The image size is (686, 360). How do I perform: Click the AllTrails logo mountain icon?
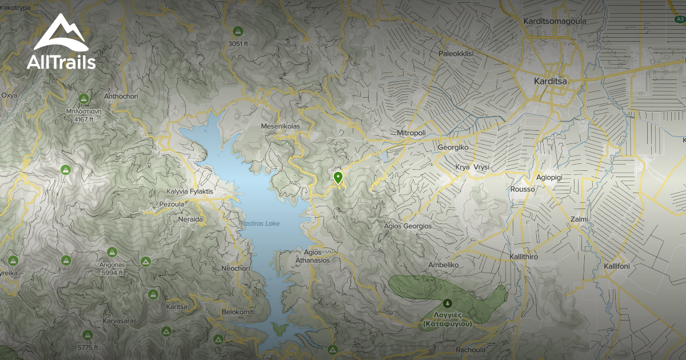61,33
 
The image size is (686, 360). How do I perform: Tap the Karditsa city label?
550,81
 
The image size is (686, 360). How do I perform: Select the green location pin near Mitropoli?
338,178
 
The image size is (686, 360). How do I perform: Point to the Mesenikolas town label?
280,126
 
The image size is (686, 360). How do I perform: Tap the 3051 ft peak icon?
238,31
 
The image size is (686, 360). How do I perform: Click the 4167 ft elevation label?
83,120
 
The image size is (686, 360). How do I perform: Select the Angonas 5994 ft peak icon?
111,251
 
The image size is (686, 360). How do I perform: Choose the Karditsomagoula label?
555,22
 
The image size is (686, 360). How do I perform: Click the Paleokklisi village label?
456,54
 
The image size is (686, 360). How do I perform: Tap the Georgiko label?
453,147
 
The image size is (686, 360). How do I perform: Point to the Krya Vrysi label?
472,167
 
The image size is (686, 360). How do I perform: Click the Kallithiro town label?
523,257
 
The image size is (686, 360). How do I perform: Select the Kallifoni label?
616,266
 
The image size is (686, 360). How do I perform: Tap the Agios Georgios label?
408,226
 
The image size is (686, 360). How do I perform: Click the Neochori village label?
235,268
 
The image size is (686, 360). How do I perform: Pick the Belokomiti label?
238,313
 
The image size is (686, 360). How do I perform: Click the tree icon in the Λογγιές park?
448,302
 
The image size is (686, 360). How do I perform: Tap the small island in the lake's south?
279,328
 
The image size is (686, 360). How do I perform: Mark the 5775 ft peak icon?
87,335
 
